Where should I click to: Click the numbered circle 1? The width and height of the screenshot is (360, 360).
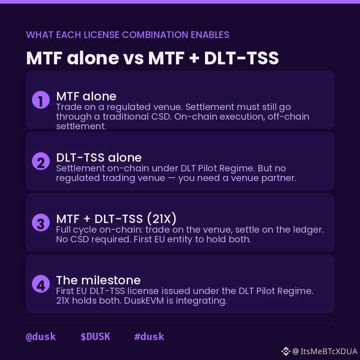[x=41, y=100]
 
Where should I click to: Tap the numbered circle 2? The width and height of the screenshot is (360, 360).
[x=41, y=161]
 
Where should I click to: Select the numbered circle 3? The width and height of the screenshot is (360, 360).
[x=41, y=222]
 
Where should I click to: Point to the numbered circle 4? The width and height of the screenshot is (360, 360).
[x=41, y=284]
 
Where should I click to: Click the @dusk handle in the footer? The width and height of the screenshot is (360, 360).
[x=41, y=337]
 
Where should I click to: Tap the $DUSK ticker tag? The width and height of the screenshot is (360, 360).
[x=96, y=337]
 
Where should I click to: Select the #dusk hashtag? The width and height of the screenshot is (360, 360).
[x=149, y=337]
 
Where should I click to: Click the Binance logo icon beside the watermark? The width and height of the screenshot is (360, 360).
[x=286, y=351]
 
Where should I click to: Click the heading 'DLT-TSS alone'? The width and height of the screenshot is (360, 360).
[x=99, y=158]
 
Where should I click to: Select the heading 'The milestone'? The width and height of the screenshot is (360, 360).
[x=98, y=280]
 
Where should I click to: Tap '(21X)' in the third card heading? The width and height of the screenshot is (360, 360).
[x=162, y=219]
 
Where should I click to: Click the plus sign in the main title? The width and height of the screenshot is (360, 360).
[x=194, y=58]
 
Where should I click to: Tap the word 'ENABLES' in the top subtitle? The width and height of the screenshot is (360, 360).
[x=210, y=35]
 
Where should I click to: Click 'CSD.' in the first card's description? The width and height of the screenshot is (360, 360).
[x=161, y=117]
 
